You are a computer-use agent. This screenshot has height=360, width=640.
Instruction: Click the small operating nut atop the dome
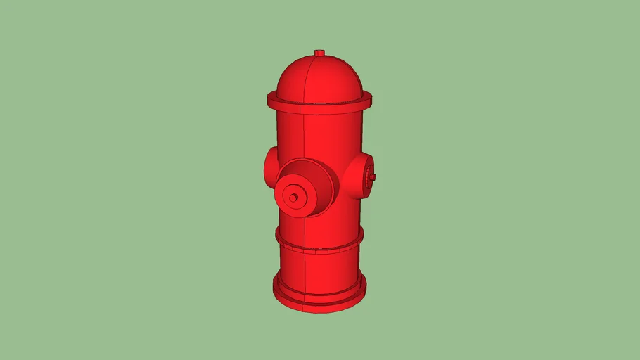(x=319, y=53)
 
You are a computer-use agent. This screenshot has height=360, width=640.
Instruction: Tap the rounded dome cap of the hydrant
(x=331, y=77)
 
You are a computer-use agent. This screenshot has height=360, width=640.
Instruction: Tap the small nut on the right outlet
(x=373, y=176)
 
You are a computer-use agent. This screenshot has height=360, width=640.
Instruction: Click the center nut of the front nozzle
(x=293, y=198)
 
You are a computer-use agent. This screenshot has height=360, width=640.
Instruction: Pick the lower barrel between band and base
(x=331, y=271)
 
